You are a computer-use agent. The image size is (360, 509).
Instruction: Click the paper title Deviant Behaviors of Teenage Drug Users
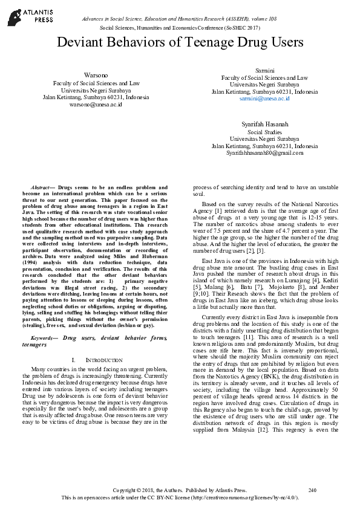[x=180, y=42]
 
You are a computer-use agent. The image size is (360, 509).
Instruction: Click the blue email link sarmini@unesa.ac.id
[x=264, y=98]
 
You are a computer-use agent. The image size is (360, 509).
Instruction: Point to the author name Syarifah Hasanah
[x=264, y=124]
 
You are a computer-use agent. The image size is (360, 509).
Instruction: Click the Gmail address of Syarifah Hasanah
[x=264, y=153]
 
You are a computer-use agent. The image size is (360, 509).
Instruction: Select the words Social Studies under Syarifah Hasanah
[x=264, y=131]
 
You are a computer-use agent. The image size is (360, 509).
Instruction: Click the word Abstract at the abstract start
[x=42, y=188]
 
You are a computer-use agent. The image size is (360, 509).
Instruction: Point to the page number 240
[x=312, y=489]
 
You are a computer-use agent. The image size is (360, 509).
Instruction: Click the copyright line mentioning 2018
[x=180, y=489]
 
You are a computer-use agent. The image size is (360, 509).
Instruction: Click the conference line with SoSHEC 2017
[x=180, y=28]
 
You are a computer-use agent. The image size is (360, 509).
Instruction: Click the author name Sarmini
[x=264, y=70]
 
